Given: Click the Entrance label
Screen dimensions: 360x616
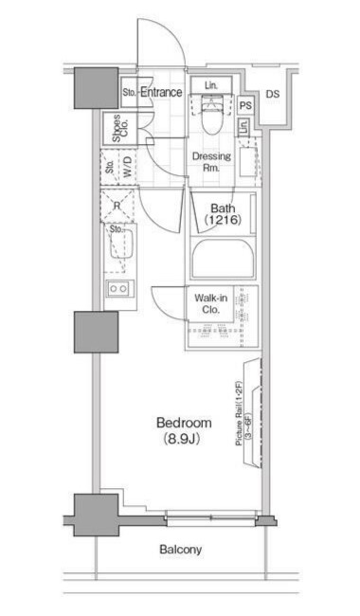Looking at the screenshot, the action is [161, 92].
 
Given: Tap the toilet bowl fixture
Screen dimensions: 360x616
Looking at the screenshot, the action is [211, 116].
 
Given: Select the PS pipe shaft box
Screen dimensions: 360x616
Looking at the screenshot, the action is [245, 105].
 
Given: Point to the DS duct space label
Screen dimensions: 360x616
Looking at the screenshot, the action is [273, 94].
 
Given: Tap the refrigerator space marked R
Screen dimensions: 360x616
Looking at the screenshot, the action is [117, 206].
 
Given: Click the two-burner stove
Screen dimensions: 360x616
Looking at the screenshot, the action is [119, 288].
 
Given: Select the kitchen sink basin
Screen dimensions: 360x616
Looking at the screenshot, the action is [121, 244].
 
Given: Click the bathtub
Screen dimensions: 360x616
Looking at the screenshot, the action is [223, 259].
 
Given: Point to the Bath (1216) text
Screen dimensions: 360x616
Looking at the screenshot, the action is [223, 214].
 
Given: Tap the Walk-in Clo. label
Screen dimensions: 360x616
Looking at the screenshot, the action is [211, 303].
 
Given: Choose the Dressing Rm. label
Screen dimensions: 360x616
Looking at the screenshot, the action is [211, 162].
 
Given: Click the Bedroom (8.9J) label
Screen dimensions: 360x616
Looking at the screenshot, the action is [184, 430].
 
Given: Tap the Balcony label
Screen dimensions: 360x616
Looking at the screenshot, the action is [181, 549].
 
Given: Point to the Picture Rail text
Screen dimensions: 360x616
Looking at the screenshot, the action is [239, 413].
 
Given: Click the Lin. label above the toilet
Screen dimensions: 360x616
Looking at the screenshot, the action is [211, 85].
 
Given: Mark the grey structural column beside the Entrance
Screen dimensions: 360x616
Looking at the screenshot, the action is [97, 87].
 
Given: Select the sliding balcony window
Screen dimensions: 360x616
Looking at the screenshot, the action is [211, 517].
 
